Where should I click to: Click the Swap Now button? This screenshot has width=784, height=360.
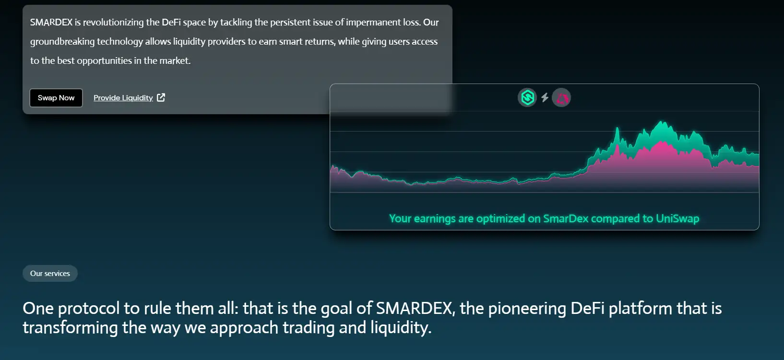pos(56,98)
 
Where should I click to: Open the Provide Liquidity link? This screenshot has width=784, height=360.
pos(123,98)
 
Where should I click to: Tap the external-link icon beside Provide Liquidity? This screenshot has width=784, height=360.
pos(161,97)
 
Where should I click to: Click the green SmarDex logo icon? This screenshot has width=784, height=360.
pos(527,97)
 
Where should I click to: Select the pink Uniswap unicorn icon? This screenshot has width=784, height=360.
pos(561,97)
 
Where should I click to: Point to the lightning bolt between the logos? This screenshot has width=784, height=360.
pos(545,97)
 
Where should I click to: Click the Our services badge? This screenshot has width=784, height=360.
pos(50,273)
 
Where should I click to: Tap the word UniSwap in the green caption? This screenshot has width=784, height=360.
pos(677,218)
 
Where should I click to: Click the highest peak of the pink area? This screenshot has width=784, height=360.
pos(662,142)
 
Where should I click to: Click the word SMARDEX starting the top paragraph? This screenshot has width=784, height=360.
pos(51,22)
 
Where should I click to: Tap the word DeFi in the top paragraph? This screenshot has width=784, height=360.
pos(171,22)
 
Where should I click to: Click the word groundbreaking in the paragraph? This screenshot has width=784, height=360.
pos(62,42)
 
